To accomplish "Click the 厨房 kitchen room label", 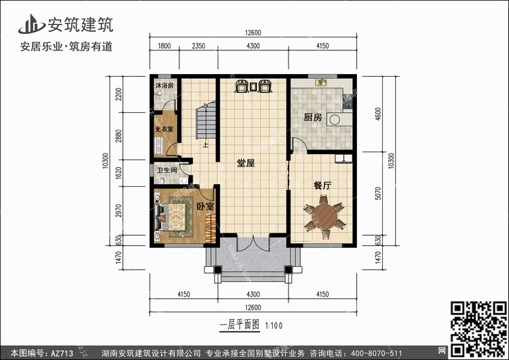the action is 313,118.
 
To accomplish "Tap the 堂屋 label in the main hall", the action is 246,163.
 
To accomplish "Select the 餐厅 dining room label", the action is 322,185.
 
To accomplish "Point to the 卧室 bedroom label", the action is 206,206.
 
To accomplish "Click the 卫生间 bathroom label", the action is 167,170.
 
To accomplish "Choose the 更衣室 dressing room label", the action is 164,129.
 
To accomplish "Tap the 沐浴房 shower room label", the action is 164,86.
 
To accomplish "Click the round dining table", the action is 324,217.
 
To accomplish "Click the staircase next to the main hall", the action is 206,120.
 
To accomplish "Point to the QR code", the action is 478,329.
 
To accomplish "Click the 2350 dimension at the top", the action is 198,46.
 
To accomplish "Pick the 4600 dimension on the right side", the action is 378,113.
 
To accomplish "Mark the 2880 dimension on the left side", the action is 119,136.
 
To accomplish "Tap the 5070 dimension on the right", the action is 378,194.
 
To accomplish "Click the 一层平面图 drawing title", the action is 240,325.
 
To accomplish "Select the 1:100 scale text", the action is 274,325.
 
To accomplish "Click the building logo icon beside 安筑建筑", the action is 31,24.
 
